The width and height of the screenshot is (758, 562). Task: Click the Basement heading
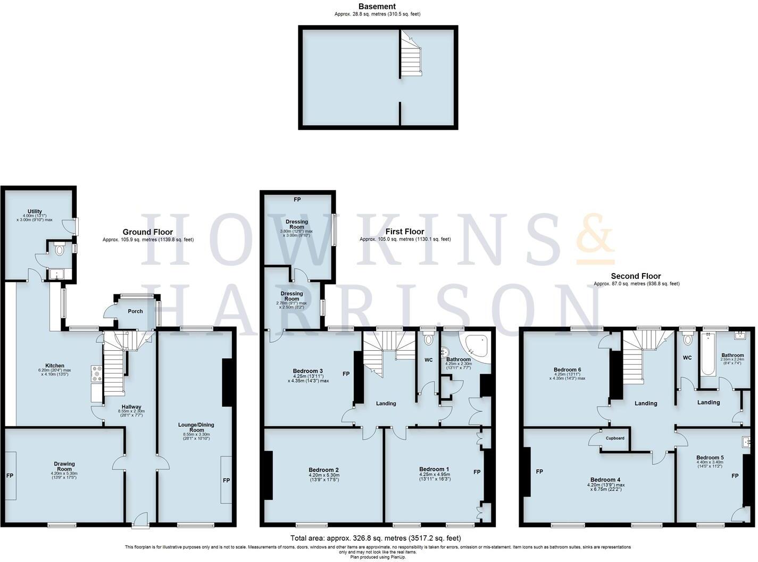[x=377, y=6]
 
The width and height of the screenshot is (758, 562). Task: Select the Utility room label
[x=35, y=212]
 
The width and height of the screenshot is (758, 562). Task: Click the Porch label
[x=135, y=311]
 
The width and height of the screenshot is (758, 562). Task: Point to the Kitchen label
[x=55, y=366]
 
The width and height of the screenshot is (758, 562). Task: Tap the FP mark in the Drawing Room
[x=10, y=475]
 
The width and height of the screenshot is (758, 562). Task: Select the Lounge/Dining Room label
[x=196, y=427]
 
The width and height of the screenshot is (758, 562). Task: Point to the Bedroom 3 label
[x=308, y=371]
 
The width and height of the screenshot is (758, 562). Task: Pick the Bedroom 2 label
[x=323, y=470]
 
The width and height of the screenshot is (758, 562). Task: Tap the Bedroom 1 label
[x=434, y=469]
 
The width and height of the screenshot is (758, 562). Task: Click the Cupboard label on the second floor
[x=615, y=438]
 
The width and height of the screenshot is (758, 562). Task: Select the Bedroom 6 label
[x=567, y=370]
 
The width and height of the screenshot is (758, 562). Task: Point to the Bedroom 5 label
[x=710, y=457]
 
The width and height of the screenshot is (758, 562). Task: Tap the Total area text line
[x=376, y=538]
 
